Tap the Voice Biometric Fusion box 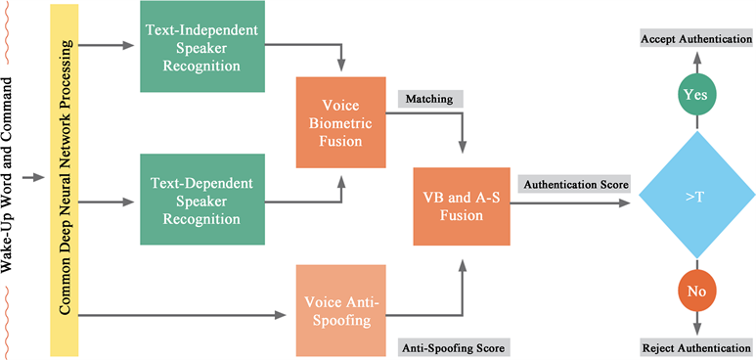tap(340, 127)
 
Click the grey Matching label tap(430, 99)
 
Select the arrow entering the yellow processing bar tap(37, 177)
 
